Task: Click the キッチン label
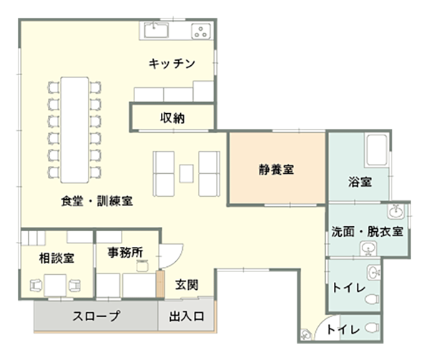pos(172,64)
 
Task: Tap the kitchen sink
pos(155,30)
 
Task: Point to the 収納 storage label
pos(172,117)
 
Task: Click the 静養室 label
pos(277,170)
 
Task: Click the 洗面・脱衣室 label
pos(368,232)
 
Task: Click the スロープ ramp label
pos(95,316)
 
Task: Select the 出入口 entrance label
pos(187,316)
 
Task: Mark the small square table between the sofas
pos(187,172)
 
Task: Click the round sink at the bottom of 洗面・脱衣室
pos(368,248)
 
